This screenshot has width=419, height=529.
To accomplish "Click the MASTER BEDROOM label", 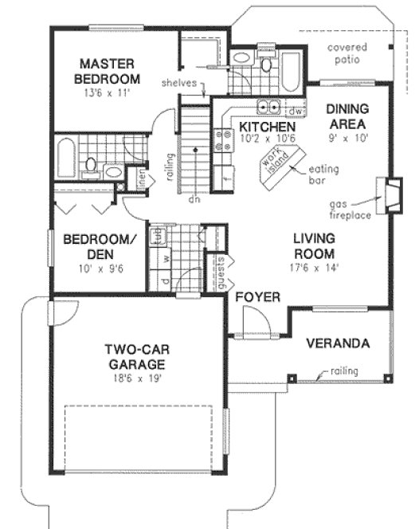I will (x=108, y=71).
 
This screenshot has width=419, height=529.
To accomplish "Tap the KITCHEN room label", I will (x=268, y=127).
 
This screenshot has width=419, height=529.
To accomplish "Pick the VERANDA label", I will (x=338, y=344).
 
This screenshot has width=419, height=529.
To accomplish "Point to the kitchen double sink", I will (x=268, y=107).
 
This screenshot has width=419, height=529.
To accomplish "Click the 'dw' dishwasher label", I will (x=292, y=111).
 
